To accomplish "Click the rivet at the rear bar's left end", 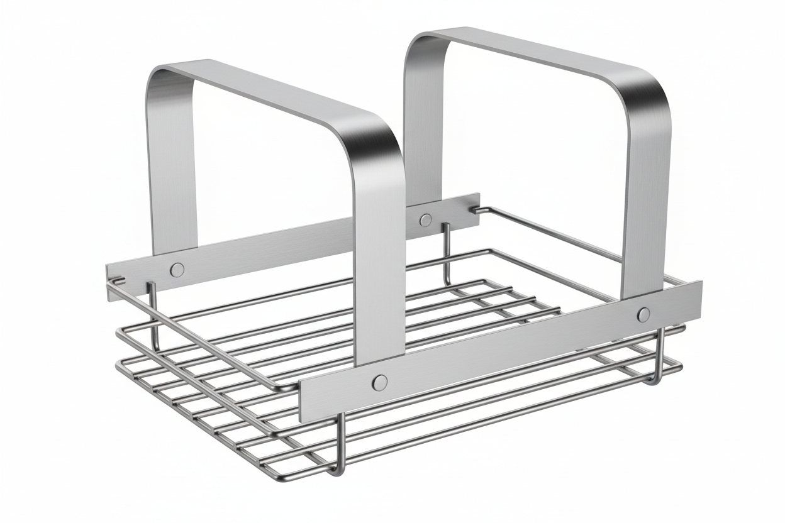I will coord(178,270).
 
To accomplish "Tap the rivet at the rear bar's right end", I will coord(426,220).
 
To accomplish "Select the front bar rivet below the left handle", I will coord(379,382).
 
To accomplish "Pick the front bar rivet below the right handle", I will coord(643,314).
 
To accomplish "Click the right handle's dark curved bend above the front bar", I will coord(648,94).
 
